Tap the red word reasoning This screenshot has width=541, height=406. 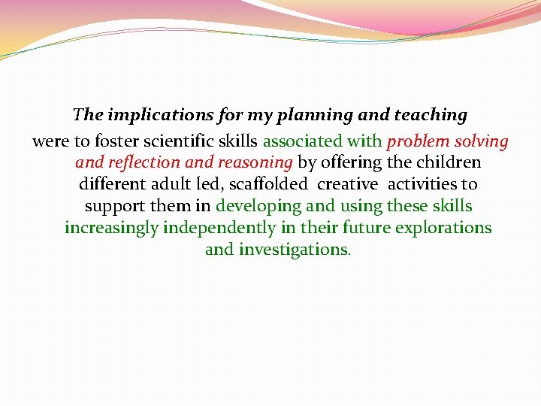coord(255,162)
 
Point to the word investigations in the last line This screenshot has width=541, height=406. coord(293,249)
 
